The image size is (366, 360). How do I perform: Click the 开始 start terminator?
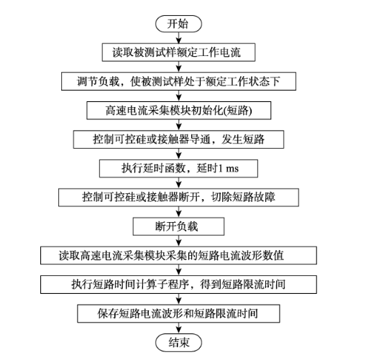pyautogui.click(x=178, y=24)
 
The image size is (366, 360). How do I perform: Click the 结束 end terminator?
pyautogui.click(x=178, y=342)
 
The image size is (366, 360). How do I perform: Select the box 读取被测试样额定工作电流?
pyautogui.click(x=178, y=52)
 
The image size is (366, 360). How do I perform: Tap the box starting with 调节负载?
pyautogui.click(x=178, y=81)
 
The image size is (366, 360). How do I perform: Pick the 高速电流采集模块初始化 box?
pyautogui.click(x=179, y=111)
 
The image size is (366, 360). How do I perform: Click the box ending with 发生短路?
pyautogui.click(x=178, y=139)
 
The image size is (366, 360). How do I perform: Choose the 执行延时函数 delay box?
pyautogui.click(x=178, y=168)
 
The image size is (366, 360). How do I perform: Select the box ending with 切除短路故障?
pyautogui.click(x=178, y=198)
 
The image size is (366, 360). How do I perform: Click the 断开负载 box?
pyautogui.click(x=178, y=226)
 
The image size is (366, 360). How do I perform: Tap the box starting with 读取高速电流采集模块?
pyautogui.click(x=178, y=255)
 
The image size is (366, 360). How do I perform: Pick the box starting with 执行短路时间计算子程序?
pyautogui.click(x=178, y=285)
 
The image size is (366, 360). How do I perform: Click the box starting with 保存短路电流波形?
pyautogui.click(x=178, y=313)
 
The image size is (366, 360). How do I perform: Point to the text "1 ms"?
pyautogui.click(x=228, y=169)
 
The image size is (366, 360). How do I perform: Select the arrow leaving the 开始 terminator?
pyautogui.click(x=179, y=38)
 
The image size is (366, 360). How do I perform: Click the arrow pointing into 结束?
pyautogui.click(x=179, y=328)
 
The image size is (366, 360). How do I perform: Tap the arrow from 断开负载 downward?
pyautogui.click(x=179, y=241)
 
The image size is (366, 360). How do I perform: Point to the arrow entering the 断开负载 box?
pyautogui.click(x=179, y=212)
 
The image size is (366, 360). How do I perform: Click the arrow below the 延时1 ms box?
pyautogui.click(x=179, y=183)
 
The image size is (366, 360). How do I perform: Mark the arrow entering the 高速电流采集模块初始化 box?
pyautogui.click(x=179, y=96)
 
